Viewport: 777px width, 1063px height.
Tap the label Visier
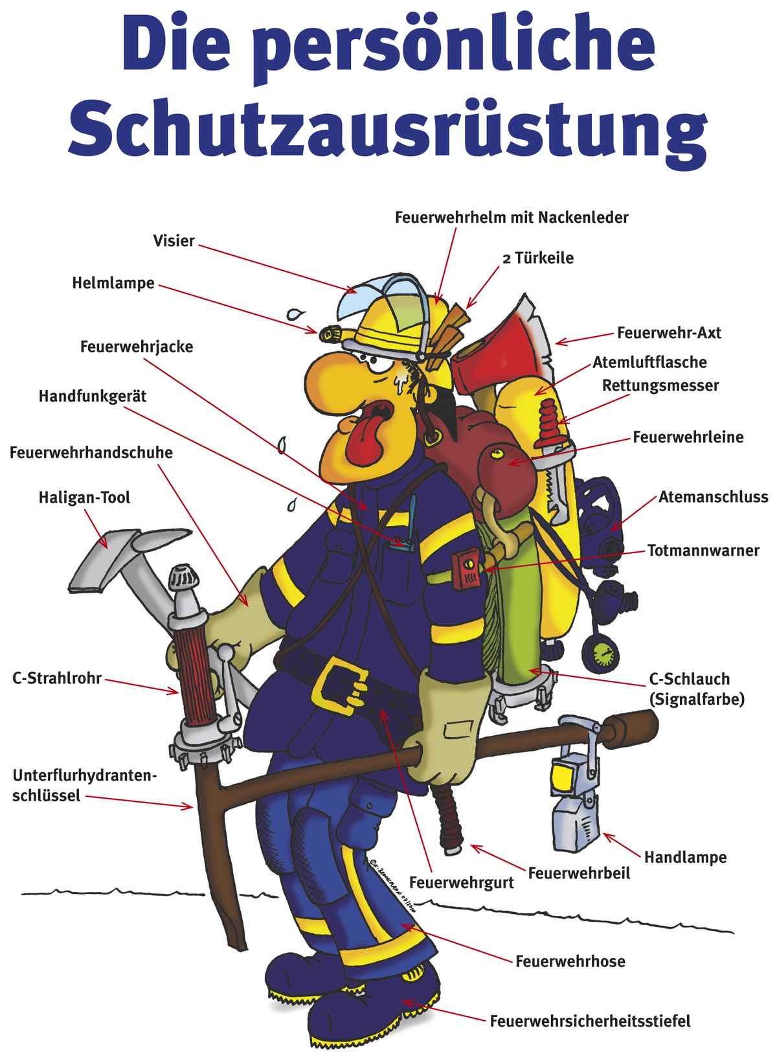tap(174, 241)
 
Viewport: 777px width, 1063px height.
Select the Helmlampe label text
tap(113, 283)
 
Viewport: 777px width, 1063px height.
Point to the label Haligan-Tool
tap(84, 497)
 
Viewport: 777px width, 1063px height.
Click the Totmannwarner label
tap(703, 551)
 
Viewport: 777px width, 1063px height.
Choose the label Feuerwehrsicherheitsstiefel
tap(590, 1021)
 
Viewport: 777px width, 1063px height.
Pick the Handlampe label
tap(685, 857)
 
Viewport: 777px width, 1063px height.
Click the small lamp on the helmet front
tap(332, 334)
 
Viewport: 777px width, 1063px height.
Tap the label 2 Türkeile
tap(538, 258)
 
